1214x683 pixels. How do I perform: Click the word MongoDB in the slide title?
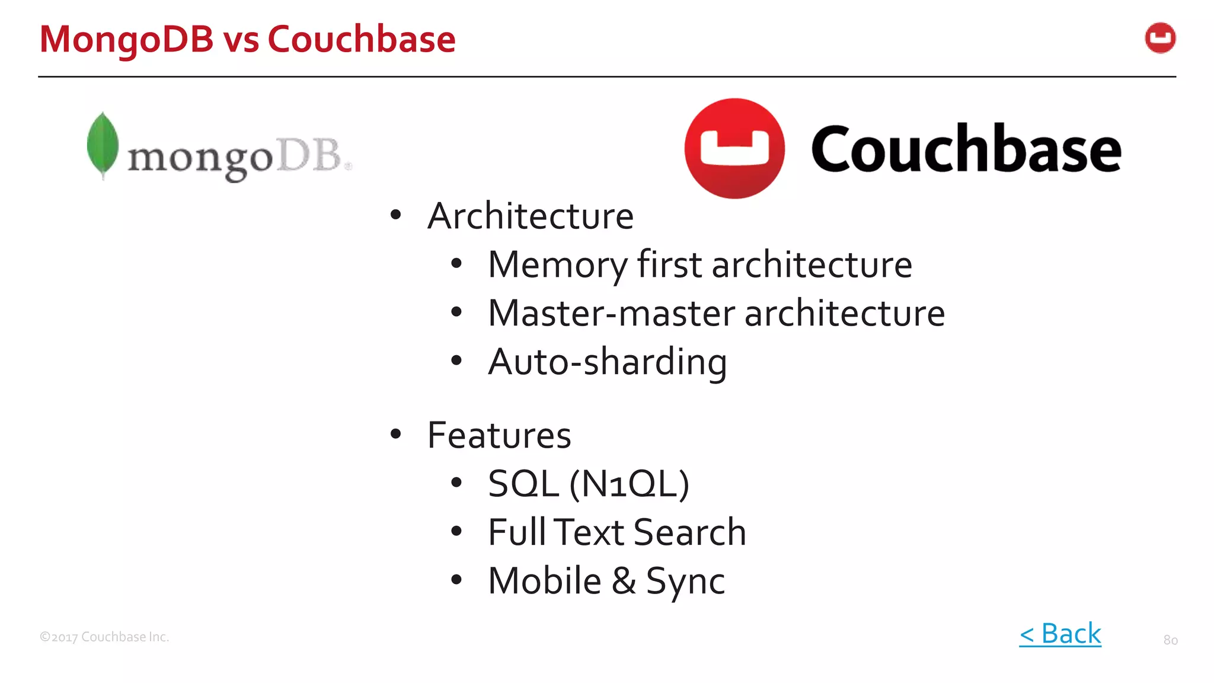(126, 40)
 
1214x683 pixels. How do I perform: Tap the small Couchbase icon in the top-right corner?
(1160, 39)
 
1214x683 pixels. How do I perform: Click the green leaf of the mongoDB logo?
(103, 144)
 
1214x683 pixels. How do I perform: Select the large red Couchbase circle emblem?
(734, 148)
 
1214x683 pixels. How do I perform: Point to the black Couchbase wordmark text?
(966, 149)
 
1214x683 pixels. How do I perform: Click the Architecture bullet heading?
(531, 216)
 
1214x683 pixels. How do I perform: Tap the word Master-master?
(611, 313)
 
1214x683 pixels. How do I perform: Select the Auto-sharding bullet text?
(607, 362)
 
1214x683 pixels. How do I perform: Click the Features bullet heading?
(499, 435)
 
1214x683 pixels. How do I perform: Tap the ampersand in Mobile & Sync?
(624, 581)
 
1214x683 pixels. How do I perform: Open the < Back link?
(1060, 634)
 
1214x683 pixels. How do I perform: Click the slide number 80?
(1170, 640)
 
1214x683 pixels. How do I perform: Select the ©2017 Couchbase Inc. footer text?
(104, 637)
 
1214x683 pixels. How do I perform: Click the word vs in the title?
(241, 40)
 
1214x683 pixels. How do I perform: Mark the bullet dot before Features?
(395, 435)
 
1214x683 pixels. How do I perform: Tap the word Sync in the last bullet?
(685, 581)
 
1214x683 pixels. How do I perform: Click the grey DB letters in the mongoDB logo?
(309, 155)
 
